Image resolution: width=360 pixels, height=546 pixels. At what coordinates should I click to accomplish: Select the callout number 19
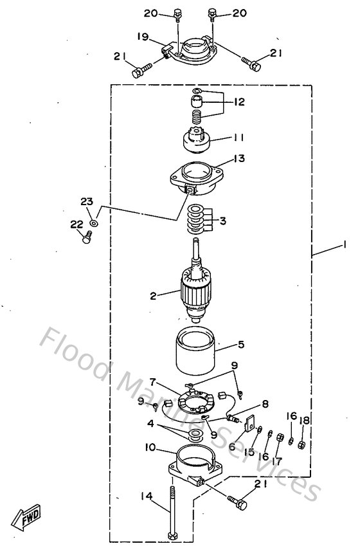click(x=142, y=36)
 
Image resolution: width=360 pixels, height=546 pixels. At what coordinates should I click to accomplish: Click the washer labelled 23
click(x=94, y=223)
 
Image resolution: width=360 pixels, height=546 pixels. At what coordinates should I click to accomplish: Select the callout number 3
click(x=222, y=221)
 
